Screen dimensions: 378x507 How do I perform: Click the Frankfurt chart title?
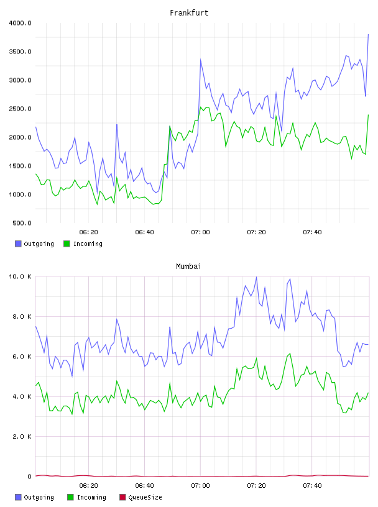189,13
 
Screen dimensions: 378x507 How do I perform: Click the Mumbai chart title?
188,267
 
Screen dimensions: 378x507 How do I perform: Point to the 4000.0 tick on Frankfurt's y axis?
21,23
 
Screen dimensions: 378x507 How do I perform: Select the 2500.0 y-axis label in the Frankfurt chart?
21,109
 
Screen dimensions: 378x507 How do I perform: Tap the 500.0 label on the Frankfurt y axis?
22,223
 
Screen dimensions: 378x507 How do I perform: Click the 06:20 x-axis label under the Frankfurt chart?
88,232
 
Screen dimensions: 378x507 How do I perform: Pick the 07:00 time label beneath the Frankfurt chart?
200,232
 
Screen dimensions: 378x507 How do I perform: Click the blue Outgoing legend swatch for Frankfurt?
18,244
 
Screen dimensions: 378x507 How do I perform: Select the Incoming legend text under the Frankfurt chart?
88,244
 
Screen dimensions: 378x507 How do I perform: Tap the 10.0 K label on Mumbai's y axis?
21,276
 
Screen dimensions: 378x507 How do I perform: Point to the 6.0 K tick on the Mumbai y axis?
22,356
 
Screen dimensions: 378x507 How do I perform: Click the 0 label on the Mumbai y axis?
29,477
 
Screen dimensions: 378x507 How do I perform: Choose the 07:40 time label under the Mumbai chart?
312,486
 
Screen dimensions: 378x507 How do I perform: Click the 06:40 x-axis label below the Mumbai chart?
144,486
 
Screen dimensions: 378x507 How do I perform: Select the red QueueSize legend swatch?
122,497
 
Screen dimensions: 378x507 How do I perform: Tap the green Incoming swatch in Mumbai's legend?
70,497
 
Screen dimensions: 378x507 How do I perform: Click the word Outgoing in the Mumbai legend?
39,498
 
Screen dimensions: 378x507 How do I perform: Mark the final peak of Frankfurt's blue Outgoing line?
368,34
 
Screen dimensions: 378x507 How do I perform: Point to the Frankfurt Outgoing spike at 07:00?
201,60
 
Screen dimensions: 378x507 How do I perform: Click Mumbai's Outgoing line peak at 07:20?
256,276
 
